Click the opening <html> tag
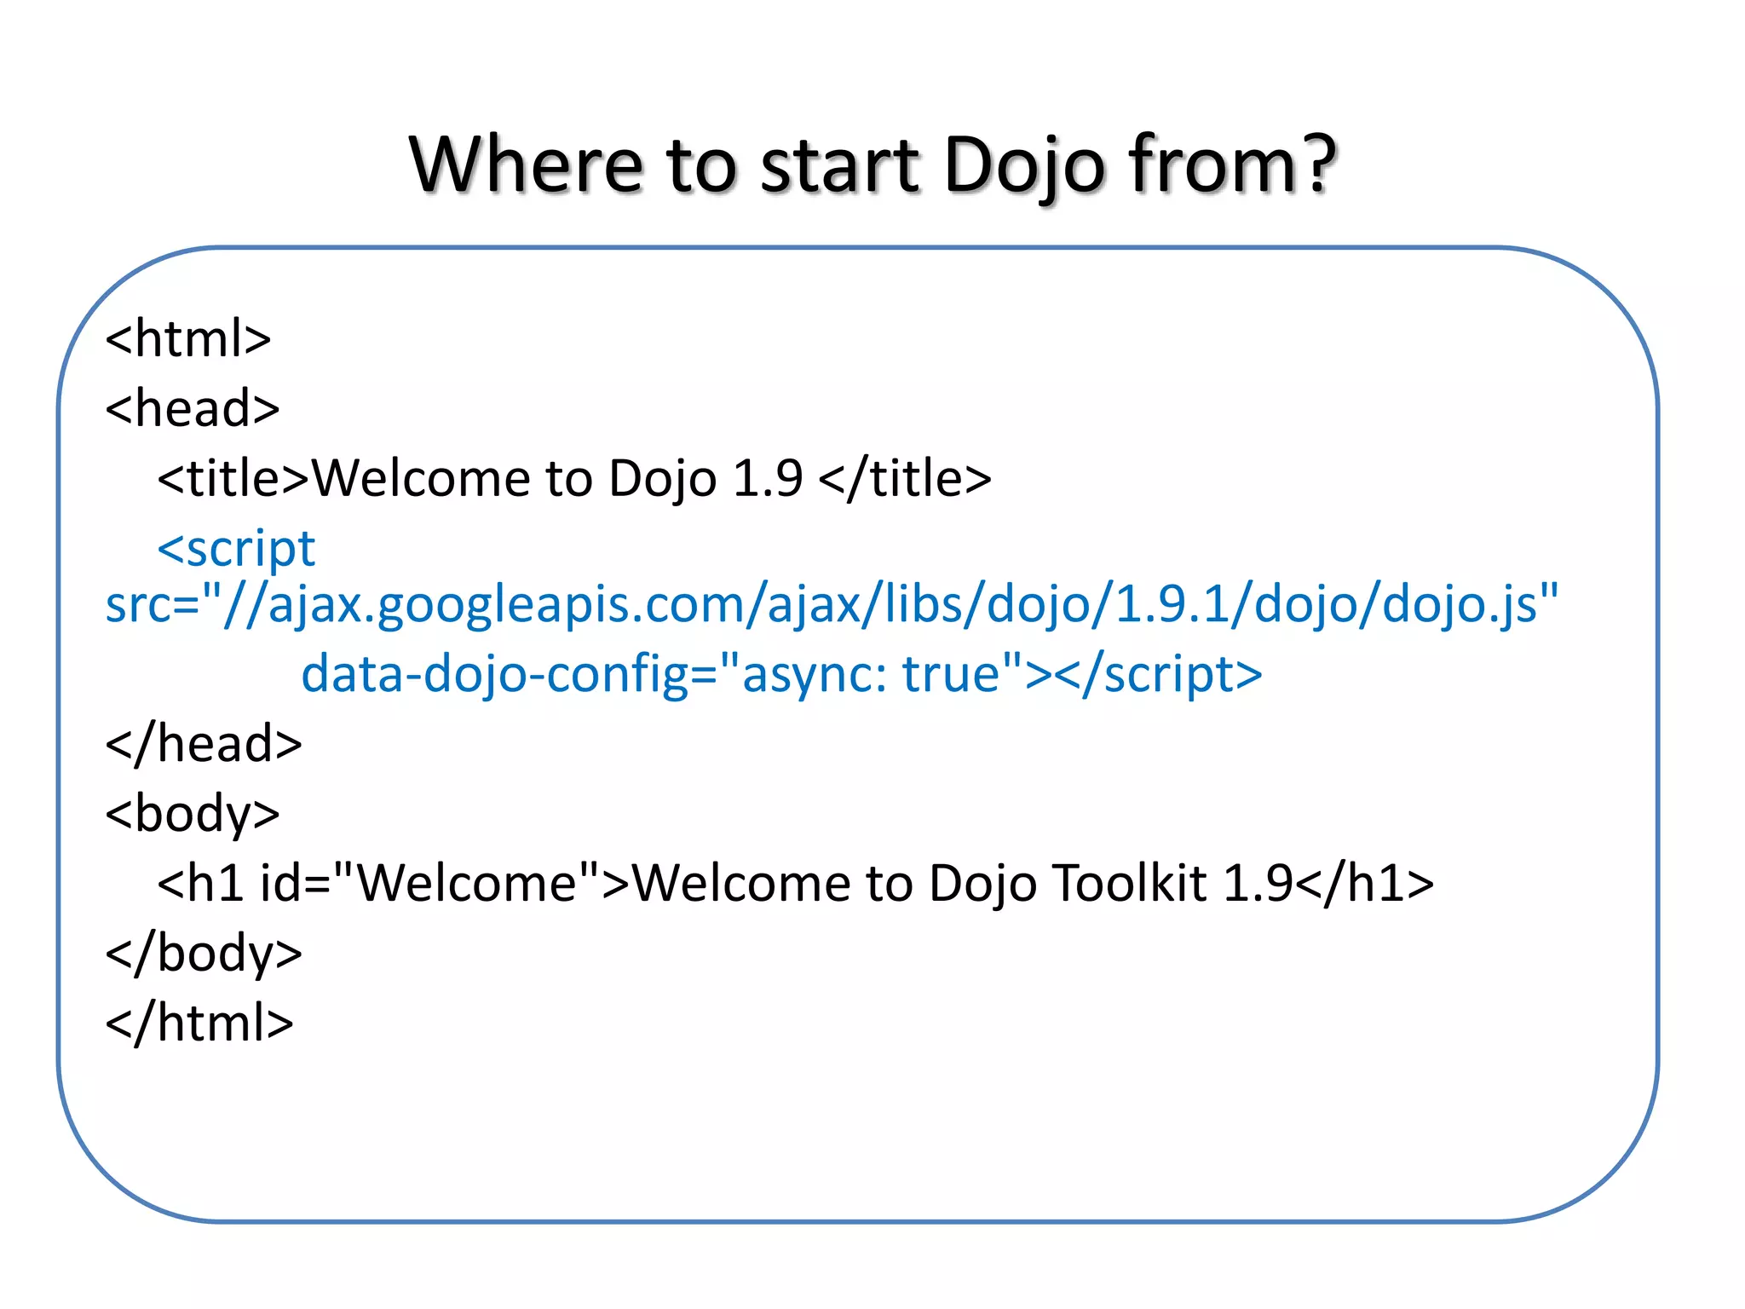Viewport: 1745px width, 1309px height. pyautogui.click(x=188, y=338)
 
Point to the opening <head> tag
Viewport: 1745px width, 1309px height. pyautogui.click(x=193, y=408)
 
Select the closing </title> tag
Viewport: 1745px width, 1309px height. pyautogui.click(x=905, y=478)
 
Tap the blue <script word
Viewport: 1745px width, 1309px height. pyautogui.click(x=236, y=548)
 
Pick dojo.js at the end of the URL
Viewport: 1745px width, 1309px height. pyautogui.click(x=1460, y=604)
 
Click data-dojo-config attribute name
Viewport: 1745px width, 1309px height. pyautogui.click(x=495, y=674)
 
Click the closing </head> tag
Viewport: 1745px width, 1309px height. pyautogui.click(x=204, y=744)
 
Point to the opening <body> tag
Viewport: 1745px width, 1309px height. pyautogui.click(x=193, y=814)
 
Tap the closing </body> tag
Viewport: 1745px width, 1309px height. pyautogui.click(x=204, y=953)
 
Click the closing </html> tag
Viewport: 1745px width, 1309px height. pyautogui.click(x=199, y=1023)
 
